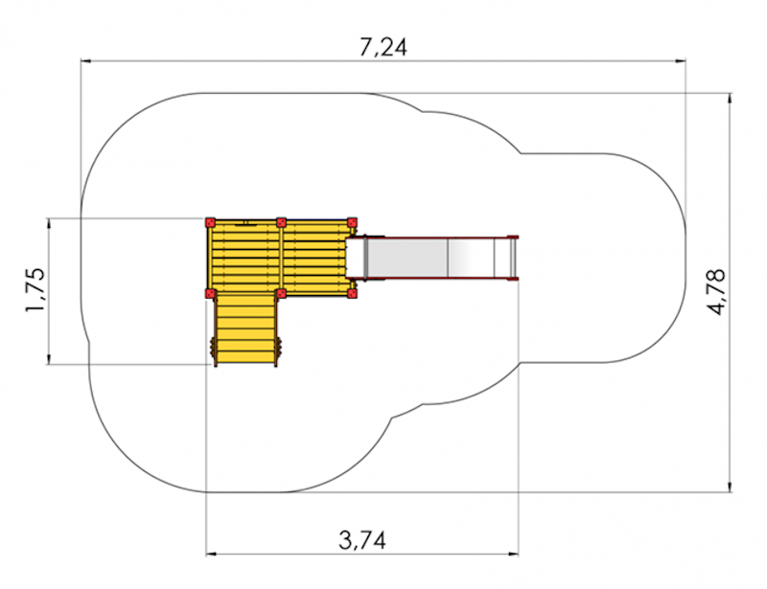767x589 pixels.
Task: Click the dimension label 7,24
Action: pos(383,48)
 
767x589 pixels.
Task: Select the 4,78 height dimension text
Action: pos(716,291)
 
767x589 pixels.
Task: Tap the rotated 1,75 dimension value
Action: pos(36,290)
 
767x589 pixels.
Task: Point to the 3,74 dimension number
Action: pos(362,540)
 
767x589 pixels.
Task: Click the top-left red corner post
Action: pos(210,223)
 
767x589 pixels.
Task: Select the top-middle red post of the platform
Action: pos(281,223)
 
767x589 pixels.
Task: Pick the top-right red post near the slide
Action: pos(352,223)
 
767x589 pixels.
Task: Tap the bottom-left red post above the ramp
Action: pos(210,293)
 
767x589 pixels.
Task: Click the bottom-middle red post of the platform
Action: pos(281,293)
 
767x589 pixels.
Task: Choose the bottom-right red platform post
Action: pos(352,293)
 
